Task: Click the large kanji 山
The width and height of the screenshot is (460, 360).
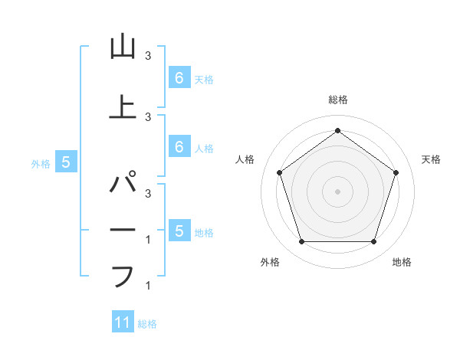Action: [x=123, y=47]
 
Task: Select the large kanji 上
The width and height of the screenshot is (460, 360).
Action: [x=123, y=107]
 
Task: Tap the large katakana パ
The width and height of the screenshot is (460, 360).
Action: [x=123, y=185]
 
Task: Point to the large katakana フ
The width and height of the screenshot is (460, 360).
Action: [x=123, y=275]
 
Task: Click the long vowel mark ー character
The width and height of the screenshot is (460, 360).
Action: [x=123, y=230]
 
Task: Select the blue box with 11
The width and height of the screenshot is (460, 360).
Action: [x=123, y=322]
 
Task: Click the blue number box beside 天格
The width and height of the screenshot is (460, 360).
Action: [x=179, y=78]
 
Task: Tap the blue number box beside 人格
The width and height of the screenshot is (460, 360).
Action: [x=179, y=147]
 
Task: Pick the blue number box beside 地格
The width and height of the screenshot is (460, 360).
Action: [x=179, y=231]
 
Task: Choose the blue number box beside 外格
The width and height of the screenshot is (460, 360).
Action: [x=67, y=162]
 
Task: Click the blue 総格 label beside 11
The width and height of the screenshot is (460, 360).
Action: [x=147, y=324]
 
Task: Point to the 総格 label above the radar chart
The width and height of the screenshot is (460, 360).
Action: [x=337, y=100]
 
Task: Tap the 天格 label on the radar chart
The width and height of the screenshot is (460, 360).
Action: [x=431, y=159]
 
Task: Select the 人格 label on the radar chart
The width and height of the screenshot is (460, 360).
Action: [x=245, y=159]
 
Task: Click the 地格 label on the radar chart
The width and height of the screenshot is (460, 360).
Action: [x=402, y=262]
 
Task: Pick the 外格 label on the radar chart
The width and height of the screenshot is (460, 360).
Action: [x=270, y=262]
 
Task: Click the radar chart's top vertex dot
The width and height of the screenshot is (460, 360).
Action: [x=337, y=131]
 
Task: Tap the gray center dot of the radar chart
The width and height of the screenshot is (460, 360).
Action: [x=337, y=191]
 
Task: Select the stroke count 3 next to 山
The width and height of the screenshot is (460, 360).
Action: [x=148, y=56]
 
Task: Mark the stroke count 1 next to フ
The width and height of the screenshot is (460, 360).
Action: [x=148, y=286]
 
